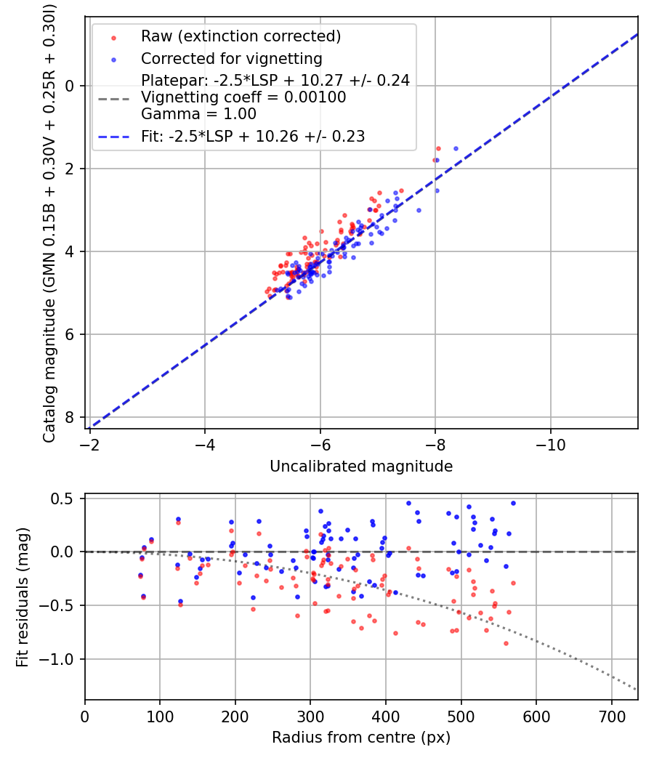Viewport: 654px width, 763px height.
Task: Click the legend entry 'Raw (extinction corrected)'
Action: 241,36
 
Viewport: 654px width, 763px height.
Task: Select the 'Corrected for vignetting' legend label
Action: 231,58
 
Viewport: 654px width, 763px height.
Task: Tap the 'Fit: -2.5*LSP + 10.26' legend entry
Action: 253,136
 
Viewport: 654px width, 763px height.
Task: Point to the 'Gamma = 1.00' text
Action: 198,114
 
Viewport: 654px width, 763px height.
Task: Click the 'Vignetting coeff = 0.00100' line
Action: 243,97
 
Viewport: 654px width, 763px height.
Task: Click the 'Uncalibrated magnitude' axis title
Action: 361,467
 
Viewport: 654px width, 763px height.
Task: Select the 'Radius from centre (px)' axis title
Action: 361,738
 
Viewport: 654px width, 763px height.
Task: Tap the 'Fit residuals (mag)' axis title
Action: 23,597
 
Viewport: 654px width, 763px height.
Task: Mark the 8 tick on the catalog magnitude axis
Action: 70,417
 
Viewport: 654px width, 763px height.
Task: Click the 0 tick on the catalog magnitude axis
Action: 70,86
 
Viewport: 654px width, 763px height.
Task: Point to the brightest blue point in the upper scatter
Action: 456,148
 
